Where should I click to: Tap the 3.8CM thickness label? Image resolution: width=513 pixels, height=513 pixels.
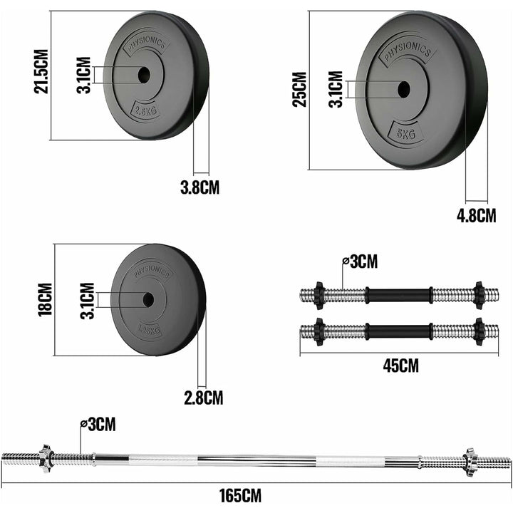point(199,188)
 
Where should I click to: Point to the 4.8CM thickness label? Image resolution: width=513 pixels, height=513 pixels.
point(476,215)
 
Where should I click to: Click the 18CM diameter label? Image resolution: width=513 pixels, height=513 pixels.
point(44,300)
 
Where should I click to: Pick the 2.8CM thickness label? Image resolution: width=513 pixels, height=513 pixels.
point(204,398)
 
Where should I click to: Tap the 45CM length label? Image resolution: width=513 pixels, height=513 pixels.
point(400,366)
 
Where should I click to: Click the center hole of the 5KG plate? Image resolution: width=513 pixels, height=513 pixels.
point(403,89)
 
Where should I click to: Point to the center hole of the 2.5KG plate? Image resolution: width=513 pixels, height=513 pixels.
point(142,74)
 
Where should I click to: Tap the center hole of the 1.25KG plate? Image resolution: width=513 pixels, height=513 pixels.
point(148,300)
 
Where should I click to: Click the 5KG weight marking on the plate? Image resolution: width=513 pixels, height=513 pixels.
point(405,132)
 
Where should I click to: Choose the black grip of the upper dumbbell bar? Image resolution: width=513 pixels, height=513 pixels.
point(399,294)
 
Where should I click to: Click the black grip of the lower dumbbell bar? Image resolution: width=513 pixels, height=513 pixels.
point(399,331)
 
